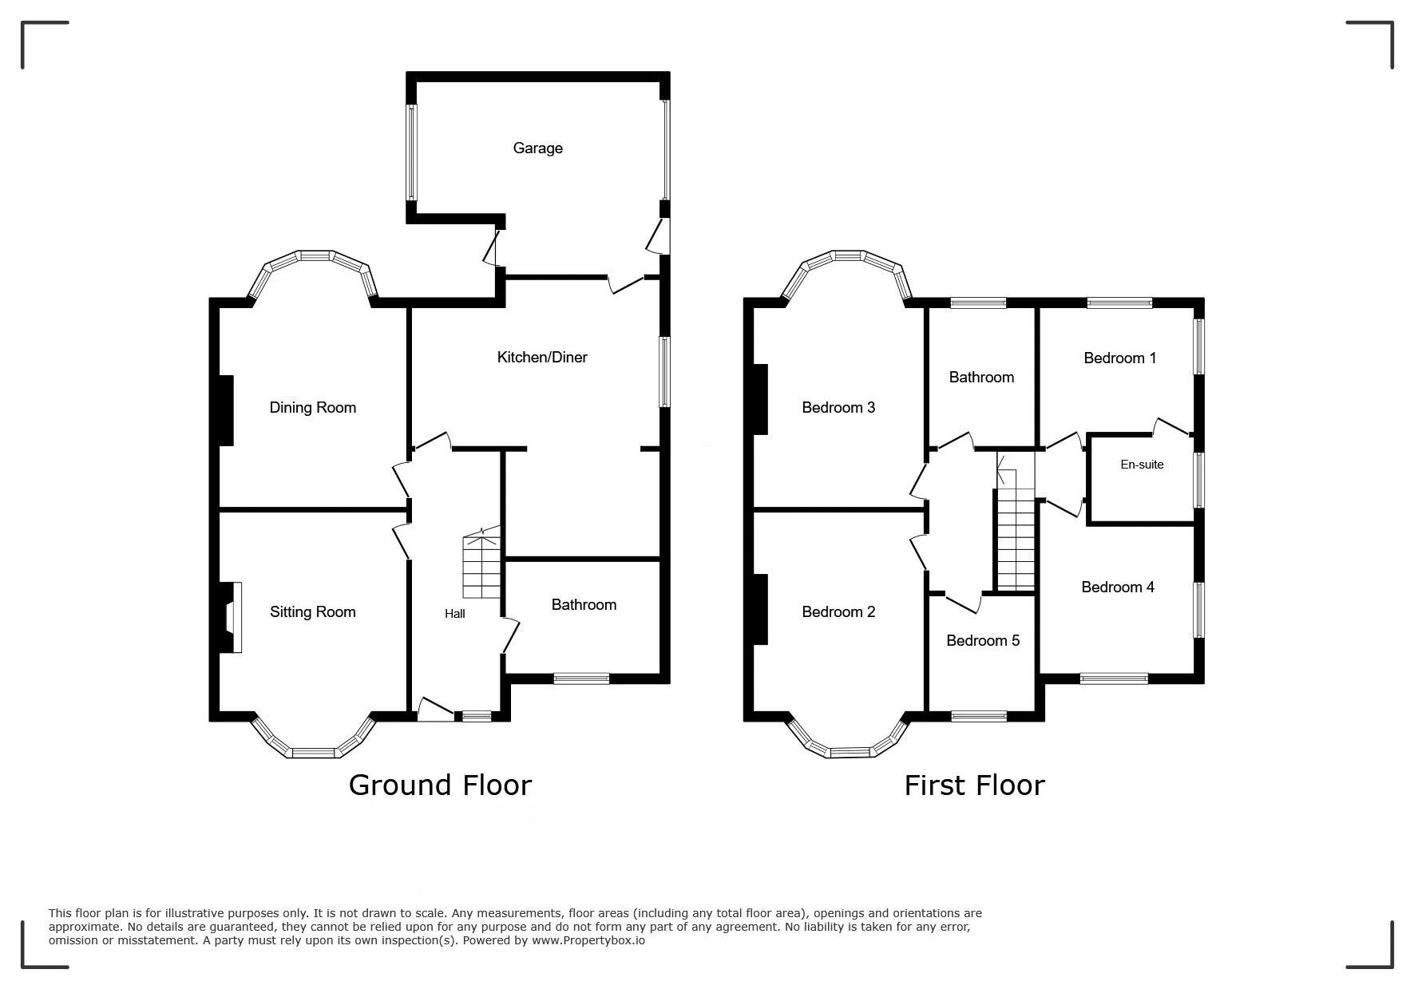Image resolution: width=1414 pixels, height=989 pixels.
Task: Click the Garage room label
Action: click(537, 148)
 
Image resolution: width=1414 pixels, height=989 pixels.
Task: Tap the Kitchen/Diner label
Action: click(542, 358)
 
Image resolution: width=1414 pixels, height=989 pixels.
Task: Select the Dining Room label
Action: click(312, 408)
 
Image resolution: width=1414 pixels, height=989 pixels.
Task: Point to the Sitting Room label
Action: click(312, 612)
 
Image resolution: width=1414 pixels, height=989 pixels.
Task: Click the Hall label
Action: click(455, 614)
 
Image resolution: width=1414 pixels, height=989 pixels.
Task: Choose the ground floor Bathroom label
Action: click(584, 605)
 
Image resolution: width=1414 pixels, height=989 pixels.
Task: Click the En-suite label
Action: click(1142, 465)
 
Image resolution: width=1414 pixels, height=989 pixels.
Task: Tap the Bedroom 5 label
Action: click(983, 641)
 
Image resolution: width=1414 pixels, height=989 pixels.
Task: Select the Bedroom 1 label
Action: click(1120, 358)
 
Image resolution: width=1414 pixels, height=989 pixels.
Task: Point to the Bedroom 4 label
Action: click(1118, 587)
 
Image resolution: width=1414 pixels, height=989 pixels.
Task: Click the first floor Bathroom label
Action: click(981, 378)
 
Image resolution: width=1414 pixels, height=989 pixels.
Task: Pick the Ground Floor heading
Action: click(440, 785)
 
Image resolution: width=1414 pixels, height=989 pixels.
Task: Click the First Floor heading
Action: click(974, 785)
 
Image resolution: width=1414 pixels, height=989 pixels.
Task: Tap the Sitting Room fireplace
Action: click(231, 618)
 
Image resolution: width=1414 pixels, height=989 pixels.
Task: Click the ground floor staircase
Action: click(481, 564)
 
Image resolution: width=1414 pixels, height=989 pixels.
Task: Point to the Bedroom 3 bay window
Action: click(847, 271)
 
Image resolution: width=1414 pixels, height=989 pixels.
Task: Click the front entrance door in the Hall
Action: click(436, 709)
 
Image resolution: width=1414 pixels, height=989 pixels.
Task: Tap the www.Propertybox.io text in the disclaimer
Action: click(588, 940)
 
